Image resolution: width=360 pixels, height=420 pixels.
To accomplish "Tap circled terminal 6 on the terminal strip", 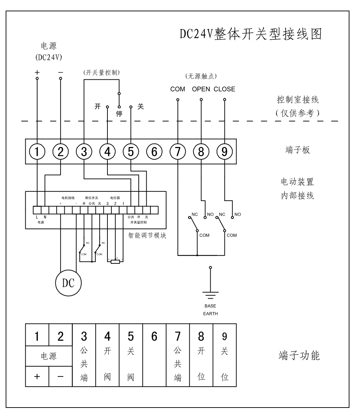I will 154,152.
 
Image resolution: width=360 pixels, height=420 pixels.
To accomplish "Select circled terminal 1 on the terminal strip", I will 37,152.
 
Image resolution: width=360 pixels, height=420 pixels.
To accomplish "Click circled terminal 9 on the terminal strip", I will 224,152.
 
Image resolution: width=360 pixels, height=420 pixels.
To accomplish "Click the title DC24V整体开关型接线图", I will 251,35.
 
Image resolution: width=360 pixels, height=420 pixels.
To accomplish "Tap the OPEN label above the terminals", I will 201,89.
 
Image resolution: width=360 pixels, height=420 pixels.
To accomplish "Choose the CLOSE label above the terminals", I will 224,89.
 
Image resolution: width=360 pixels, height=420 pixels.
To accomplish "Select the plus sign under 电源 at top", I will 37,72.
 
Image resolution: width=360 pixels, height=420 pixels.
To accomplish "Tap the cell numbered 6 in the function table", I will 154,336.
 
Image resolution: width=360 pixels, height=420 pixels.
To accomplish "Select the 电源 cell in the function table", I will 49,356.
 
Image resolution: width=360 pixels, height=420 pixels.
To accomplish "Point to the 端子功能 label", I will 299,356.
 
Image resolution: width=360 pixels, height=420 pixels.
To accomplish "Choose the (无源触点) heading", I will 201,76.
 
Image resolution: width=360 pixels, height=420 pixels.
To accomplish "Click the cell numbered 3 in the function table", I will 84,336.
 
